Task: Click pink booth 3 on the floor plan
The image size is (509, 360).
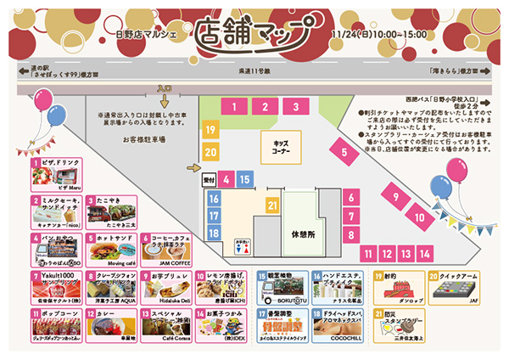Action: click(x=296, y=107)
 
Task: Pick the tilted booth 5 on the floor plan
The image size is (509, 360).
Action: click(x=344, y=153)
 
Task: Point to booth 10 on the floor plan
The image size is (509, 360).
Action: click(x=419, y=217)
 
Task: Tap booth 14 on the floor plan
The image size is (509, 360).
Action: click(x=424, y=253)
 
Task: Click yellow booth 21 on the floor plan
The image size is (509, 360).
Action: click(x=271, y=205)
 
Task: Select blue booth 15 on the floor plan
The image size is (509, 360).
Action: click(x=244, y=179)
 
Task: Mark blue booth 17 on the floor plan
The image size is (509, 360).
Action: click(x=214, y=216)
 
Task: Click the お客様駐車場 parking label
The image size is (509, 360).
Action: click(x=143, y=138)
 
